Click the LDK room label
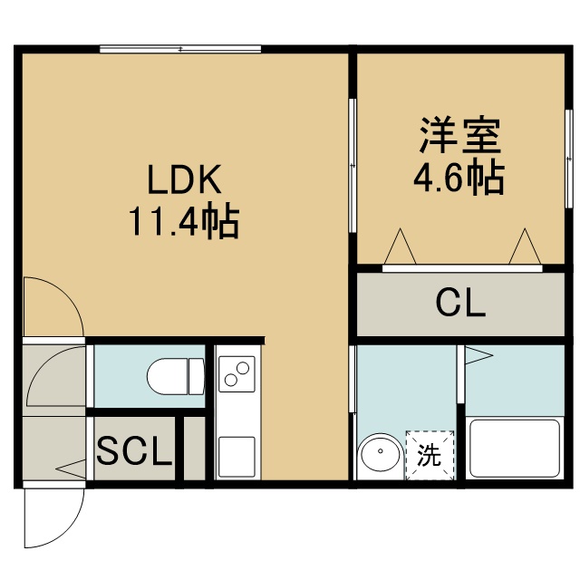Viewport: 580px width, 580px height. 184,179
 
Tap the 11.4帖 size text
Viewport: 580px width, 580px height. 184,221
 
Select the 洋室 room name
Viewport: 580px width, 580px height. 459,135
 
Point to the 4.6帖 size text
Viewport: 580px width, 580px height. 459,179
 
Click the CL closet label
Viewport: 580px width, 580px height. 460,303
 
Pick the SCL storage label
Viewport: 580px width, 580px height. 135,449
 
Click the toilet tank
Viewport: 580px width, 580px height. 197,377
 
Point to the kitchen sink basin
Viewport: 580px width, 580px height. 237,457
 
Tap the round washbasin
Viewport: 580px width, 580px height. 381,452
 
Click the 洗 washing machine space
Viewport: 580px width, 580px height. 430,455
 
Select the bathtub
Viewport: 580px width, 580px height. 515,449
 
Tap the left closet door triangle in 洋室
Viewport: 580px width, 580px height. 401,246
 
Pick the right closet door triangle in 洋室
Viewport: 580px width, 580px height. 526,246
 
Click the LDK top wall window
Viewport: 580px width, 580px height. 180,49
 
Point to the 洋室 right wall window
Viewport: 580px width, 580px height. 568,159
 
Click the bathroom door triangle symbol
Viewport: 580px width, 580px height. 478,355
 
